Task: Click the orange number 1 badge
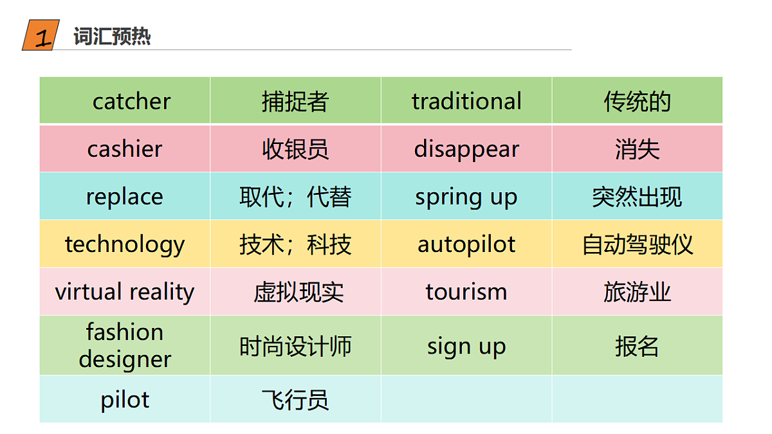coord(41,36)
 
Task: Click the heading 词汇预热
coord(112,37)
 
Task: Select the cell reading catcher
coord(131,101)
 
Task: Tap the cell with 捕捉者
coord(295,101)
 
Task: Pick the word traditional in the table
coord(466,101)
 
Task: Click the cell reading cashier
coord(125,149)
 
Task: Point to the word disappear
coord(466,149)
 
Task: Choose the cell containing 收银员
coord(295,149)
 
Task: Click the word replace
coord(125,196)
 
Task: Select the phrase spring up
coord(466,196)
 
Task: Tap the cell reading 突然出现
coord(637,196)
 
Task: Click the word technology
coord(125,244)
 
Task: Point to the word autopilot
coord(466,244)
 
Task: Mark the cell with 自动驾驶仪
coord(637,244)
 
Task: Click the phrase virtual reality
coord(125,292)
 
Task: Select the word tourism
coord(466,292)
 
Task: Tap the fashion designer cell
coord(125,346)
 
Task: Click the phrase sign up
coord(466,346)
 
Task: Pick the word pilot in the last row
coord(125,399)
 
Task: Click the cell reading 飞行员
coord(295,399)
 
